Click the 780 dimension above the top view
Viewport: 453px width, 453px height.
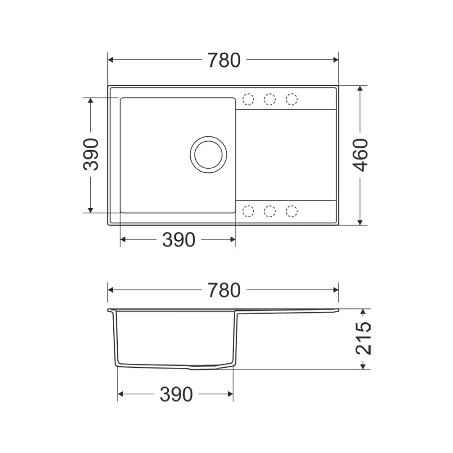(224, 60)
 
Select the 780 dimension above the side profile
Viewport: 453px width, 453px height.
(224, 290)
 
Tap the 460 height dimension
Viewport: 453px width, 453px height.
(361, 155)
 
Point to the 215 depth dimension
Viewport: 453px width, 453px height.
(363, 338)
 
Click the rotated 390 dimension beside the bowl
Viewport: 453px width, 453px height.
(91, 154)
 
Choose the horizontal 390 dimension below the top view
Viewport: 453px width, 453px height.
(178, 240)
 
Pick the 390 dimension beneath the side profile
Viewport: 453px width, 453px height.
(176, 395)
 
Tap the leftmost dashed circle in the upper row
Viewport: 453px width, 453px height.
(248, 99)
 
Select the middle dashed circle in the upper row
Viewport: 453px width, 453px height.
(270, 99)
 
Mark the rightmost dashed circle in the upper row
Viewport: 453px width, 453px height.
(292, 99)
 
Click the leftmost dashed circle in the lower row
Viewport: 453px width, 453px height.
(248, 211)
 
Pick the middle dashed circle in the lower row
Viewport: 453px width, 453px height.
(270, 211)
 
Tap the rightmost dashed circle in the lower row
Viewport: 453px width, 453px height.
(292, 211)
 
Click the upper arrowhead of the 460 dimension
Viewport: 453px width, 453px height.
(360, 89)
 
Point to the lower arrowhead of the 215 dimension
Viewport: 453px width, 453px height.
(363, 366)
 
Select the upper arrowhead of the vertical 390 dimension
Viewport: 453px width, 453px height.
(91, 101)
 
